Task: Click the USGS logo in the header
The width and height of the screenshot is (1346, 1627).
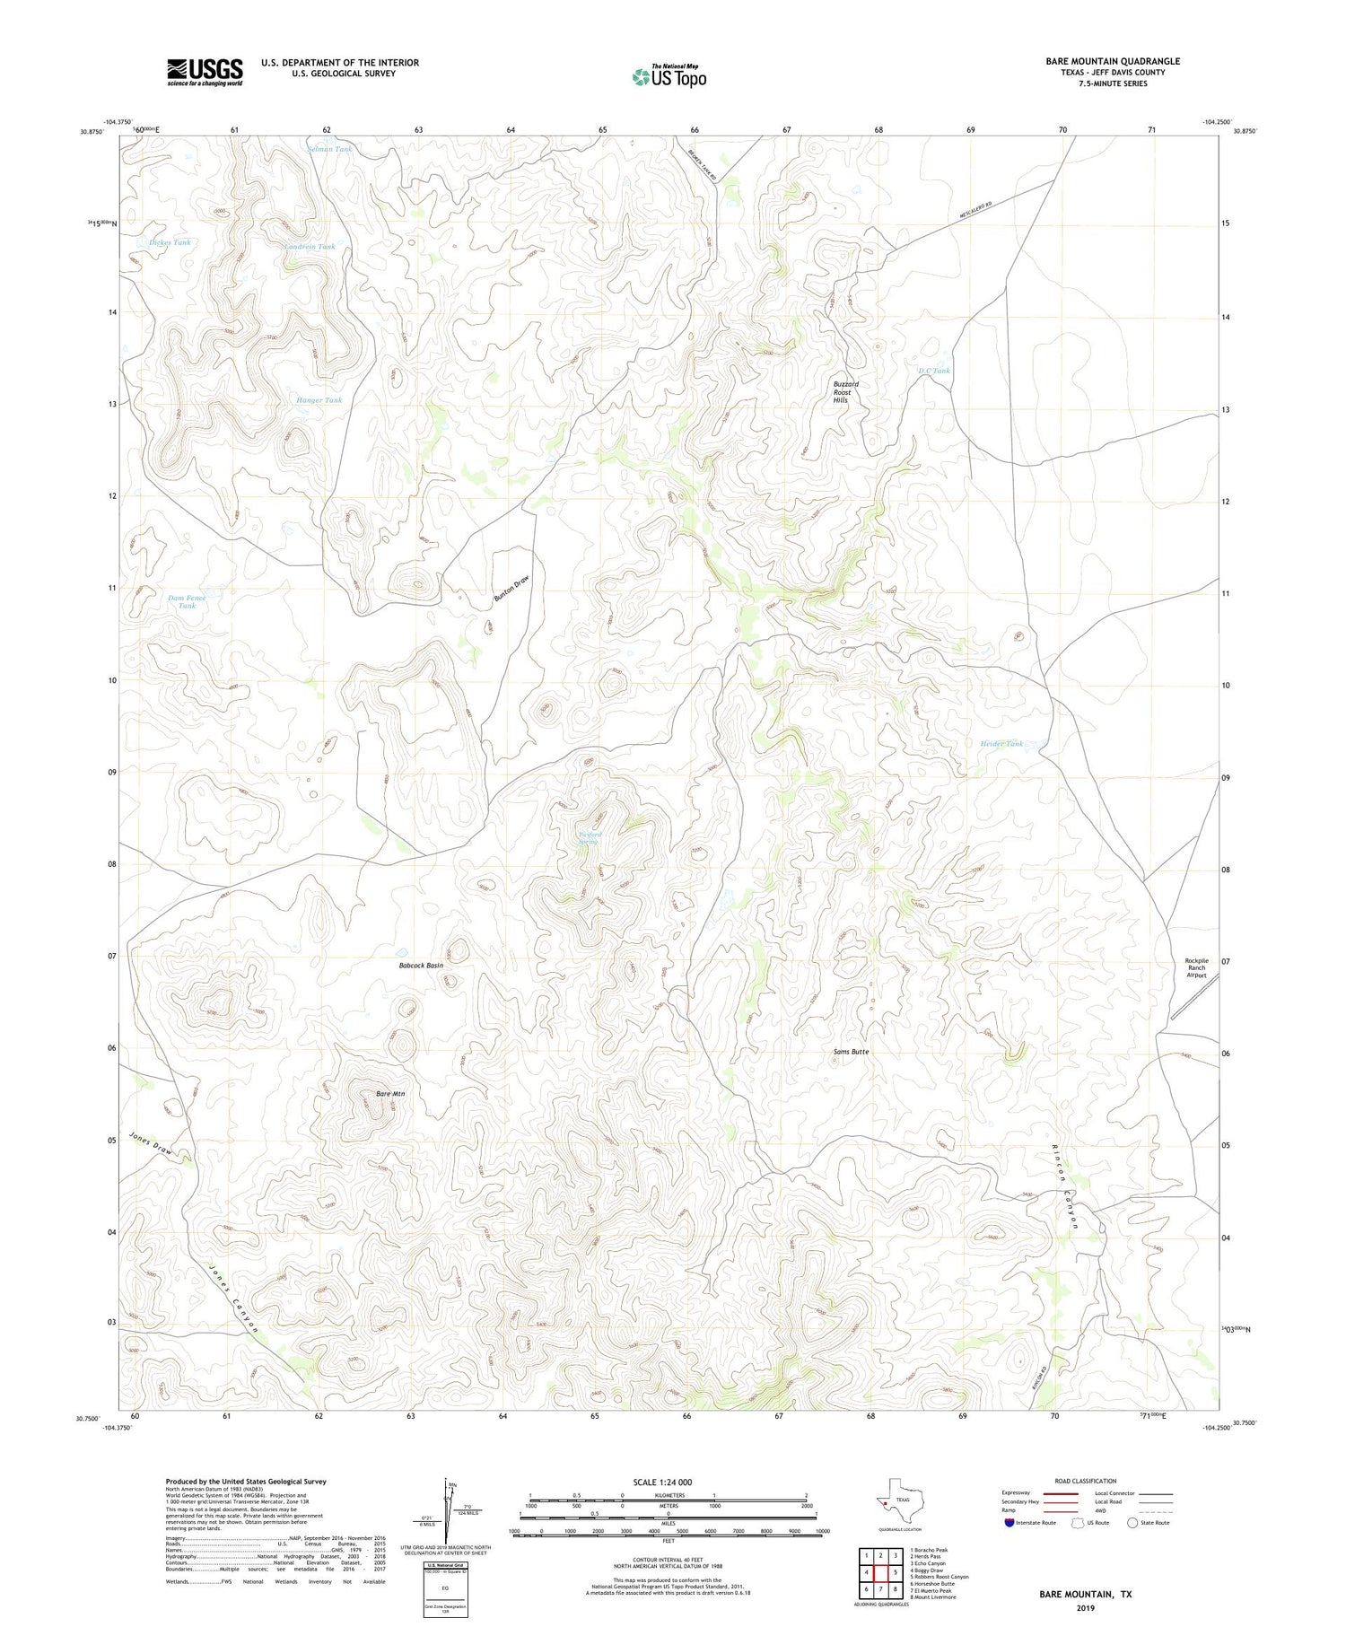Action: click(x=205, y=72)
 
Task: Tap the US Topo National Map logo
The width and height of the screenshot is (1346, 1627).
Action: click(x=669, y=76)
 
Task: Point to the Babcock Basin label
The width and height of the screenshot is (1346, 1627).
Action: click(x=421, y=966)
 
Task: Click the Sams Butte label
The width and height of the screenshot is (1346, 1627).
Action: click(x=851, y=1051)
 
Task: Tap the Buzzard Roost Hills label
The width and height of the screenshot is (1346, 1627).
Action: click(x=846, y=391)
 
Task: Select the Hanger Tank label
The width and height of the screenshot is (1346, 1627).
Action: click(x=319, y=400)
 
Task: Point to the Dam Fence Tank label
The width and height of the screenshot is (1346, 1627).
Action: click(x=187, y=601)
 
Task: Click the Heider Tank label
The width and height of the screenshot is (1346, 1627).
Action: click(x=1001, y=743)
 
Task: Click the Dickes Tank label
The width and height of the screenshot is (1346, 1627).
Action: click(x=170, y=242)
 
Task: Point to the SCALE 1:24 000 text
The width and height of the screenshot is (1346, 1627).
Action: click(x=662, y=1482)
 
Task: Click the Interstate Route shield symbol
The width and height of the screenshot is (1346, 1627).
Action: click(x=1010, y=1523)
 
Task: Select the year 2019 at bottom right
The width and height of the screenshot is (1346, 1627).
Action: click(x=1085, y=1607)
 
